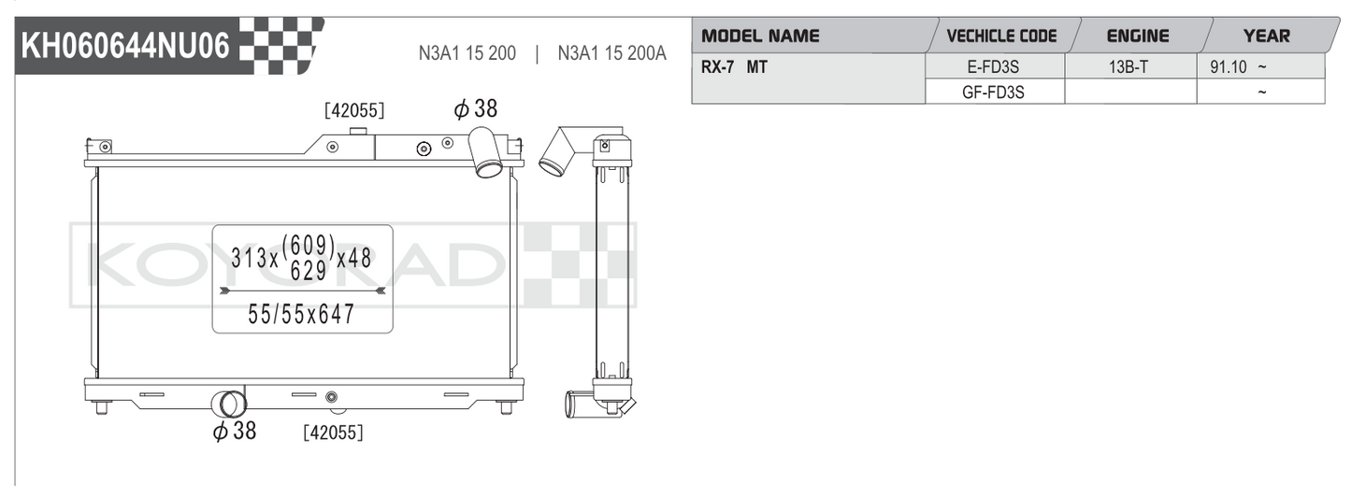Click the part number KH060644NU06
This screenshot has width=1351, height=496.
point(125,46)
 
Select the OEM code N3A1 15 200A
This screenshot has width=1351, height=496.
point(611,53)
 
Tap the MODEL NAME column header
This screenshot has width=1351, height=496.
point(760,36)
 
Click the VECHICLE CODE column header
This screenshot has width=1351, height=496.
point(1001,36)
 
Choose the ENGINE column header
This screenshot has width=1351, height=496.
point(1138,36)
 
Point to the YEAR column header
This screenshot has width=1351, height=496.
point(1267,36)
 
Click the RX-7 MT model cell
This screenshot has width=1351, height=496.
point(734,67)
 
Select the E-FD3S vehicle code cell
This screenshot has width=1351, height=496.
point(993,67)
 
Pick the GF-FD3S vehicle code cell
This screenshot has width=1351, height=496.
point(993,92)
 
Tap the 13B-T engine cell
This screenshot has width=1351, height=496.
point(1128,67)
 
